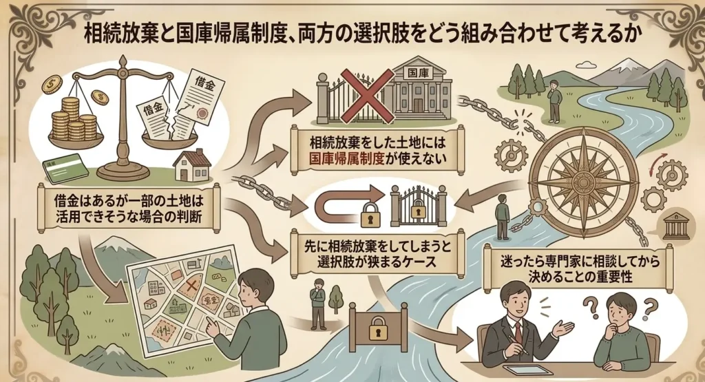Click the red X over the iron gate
point(365,96)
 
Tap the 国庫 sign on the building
point(418,72)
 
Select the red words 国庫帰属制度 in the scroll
point(346,158)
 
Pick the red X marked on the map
point(191,285)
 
